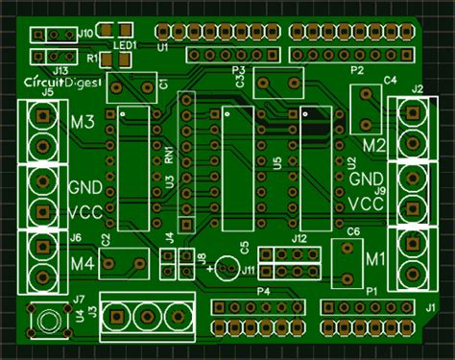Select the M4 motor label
click(82, 263)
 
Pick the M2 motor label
click(373, 146)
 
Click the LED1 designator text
click(124, 45)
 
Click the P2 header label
click(357, 71)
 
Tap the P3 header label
click(239, 70)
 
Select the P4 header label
click(263, 290)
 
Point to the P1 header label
click(371, 290)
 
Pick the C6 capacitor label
click(353, 232)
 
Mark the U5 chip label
click(276, 164)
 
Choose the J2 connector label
click(417, 89)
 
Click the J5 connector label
click(45, 93)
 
